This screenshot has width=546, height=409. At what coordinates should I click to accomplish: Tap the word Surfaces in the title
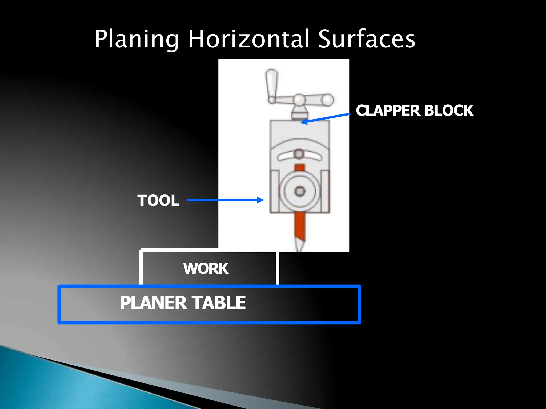click(x=367, y=39)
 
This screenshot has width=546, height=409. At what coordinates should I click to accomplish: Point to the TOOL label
click(x=158, y=200)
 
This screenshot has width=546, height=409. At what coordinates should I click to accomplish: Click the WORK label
click(x=206, y=268)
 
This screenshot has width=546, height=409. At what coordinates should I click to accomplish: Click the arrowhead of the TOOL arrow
click(x=260, y=200)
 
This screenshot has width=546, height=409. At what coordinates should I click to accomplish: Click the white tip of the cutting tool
click(x=299, y=246)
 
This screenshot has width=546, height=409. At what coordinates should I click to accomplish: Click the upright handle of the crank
click(x=271, y=85)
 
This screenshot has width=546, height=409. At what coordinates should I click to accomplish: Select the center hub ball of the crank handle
click(x=299, y=100)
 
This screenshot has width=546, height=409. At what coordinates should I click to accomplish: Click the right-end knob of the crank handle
click(x=328, y=100)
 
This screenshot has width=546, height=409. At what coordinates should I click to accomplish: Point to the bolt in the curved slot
click(x=299, y=154)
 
